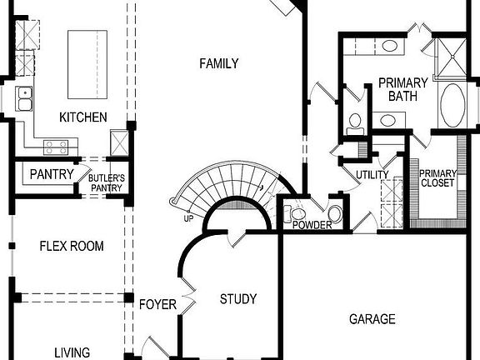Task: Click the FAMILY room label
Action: pyautogui.click(x=218, y=63)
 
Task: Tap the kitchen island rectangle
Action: pyautogui.click(x=87, y=54)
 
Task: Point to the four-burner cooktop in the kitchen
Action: pyautogui.click(x=56, y=147)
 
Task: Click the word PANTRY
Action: pyautogui.click(x=52, y=175)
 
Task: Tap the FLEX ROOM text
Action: pyautogui.click(x=72, y=246)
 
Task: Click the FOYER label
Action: pyautogui.click(x=157, y=305)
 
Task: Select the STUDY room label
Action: pyautogui.click(x=237, y=299)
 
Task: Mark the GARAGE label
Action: pyautogui.click(x=372, y=319)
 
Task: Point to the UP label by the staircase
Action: pyautogui.click(x=189, y=219)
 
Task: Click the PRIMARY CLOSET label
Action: pyautogui.click(x=437, y=178)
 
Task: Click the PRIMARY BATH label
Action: pyautogui.click(x=402, y=89)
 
